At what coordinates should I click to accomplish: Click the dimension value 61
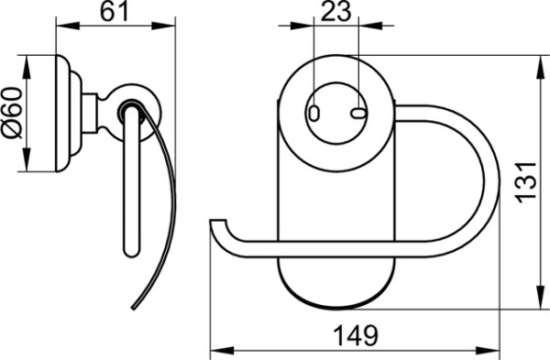(115, 12)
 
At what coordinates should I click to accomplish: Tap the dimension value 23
(336, 12)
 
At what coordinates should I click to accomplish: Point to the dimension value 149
(356, 336)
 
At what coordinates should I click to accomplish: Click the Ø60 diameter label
(12, 113)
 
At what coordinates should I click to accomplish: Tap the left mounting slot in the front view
(314, 113)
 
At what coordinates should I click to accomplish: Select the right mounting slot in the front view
(358, 113)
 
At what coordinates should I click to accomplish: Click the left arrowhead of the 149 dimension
(222, 351)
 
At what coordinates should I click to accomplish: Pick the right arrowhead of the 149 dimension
(488, 351)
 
